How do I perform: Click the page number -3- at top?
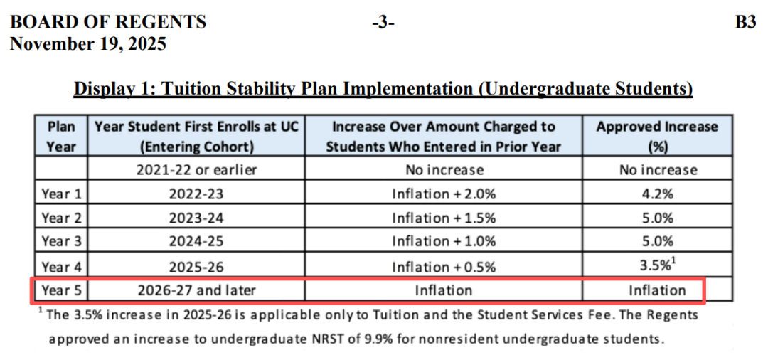tap(383, 22)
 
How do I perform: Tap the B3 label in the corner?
tap(745, 22)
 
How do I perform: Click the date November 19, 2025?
tap(87, 44)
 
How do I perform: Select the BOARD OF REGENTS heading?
tap(107, 22)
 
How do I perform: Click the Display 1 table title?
tap(383, 89)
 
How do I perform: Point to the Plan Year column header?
tap(60, 136)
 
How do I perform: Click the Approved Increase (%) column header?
tap(656, 136)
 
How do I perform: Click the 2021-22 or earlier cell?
tap(196, 170)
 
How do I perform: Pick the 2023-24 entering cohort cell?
tap(196, 218)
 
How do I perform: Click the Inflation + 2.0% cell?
tap(443, 194)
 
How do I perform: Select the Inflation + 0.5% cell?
tap(443, 267)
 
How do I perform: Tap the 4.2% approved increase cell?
tap(657, 194)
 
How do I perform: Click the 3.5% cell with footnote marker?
tap(657, 267)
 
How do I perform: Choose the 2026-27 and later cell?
tap(196, 290)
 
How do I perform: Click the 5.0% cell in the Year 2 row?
tap(657, 218)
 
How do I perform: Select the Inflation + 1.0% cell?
tap(443, 242)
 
